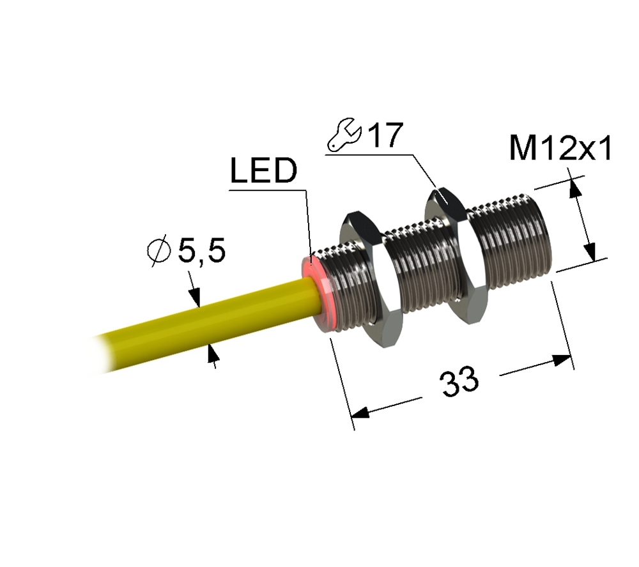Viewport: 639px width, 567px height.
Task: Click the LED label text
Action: tap(264, 170)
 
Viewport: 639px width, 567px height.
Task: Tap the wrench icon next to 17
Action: tap(344, 135)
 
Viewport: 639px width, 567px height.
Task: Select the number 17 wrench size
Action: tap(385, 135)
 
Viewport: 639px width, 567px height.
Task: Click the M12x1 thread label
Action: tap(561, 148)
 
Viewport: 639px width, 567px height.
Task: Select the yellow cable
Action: tap(204, 322)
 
